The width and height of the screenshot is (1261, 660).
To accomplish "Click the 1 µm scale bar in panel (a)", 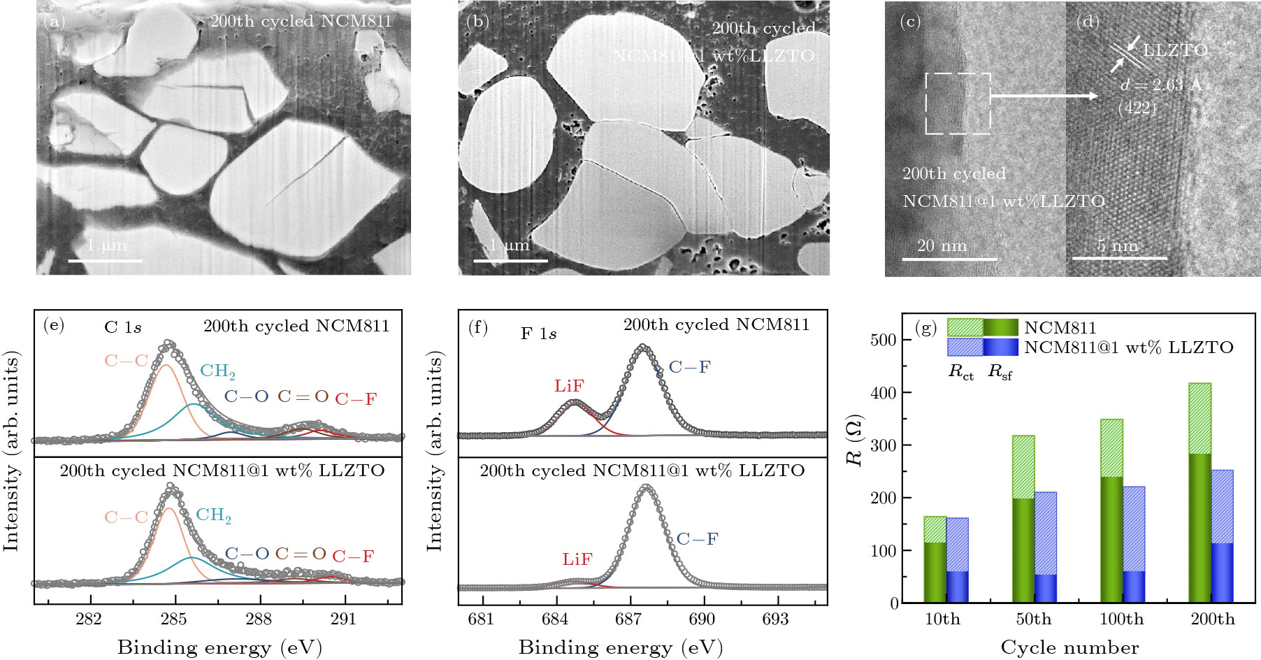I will tap(105, 261).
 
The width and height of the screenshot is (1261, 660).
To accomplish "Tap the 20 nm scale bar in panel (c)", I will tap(949, 259).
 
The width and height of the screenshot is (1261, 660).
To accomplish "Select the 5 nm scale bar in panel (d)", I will tap(1119, 258).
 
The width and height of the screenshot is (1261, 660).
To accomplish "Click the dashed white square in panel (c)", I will tap(958, 103).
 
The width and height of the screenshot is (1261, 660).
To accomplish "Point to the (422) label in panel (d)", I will tap(1137, 108).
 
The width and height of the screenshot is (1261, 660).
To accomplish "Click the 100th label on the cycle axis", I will tap(1121, 619).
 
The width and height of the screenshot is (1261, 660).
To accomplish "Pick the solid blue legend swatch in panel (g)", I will tap(1000, 347).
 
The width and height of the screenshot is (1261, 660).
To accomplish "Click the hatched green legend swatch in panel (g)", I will tap(965, 327).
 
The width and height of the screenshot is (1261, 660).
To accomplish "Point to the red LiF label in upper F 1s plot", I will tap(569, 386).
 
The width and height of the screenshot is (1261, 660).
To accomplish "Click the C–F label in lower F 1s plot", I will tap(697, 539).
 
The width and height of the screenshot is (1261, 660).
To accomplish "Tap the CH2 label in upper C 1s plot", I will tap(217, 371).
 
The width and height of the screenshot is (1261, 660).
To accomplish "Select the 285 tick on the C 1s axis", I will tap(174, 619).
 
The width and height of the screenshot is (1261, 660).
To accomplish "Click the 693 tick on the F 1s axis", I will tap(775, 619).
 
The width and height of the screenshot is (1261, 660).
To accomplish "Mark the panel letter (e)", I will tap(54, 325).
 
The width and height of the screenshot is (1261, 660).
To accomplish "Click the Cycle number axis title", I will tap(1069, 647).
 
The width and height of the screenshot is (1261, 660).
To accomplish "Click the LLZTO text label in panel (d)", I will tap(1175, 50).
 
